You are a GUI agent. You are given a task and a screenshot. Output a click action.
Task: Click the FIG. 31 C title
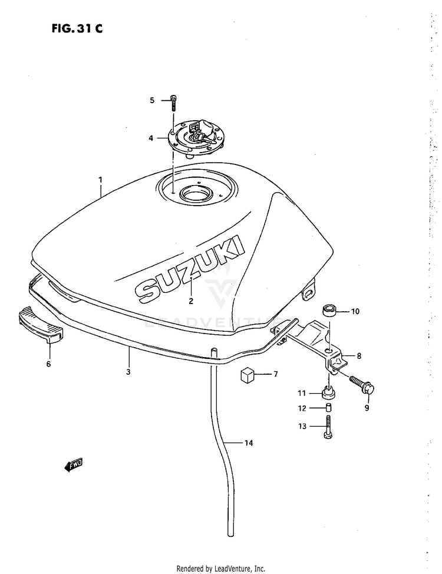click(77, 28)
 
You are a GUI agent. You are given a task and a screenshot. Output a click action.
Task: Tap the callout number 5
click(152, 100)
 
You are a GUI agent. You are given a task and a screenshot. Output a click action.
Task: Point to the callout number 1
click(100, 180)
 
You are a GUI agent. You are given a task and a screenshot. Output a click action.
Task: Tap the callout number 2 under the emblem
click(191, 301)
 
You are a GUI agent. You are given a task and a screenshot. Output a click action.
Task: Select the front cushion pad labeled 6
click(40, 325)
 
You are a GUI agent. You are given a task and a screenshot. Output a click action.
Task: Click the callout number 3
click(128, 372)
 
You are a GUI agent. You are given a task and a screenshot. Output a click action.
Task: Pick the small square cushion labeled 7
click(248, 375)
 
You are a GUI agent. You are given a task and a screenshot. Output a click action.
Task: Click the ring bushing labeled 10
click(329, 311)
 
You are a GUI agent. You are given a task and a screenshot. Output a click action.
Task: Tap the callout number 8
click(359, 356)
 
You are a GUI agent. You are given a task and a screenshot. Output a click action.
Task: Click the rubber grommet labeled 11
click(328, 394)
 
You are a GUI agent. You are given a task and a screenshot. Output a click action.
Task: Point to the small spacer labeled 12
click(328, 408)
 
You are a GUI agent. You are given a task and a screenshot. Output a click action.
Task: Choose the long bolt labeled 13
click(328, 427)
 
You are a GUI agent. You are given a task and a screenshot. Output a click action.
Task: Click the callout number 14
click(249, 443)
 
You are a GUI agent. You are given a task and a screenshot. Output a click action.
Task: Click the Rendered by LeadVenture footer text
click(221, 569)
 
